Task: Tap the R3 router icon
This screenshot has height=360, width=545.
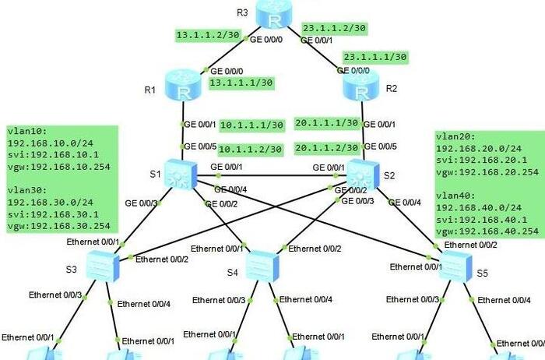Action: [273, 14]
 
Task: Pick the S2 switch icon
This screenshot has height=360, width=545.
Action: [361, 174]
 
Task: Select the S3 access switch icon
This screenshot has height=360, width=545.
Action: [101, 266]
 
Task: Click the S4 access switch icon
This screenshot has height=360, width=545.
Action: [262, 266]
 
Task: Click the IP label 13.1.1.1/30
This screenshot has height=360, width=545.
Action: [241, 82]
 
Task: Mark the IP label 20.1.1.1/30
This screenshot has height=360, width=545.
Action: [327, 123]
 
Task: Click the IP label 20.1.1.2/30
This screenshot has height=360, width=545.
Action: [327, 147]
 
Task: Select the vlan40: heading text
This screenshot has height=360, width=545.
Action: [454, 196]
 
